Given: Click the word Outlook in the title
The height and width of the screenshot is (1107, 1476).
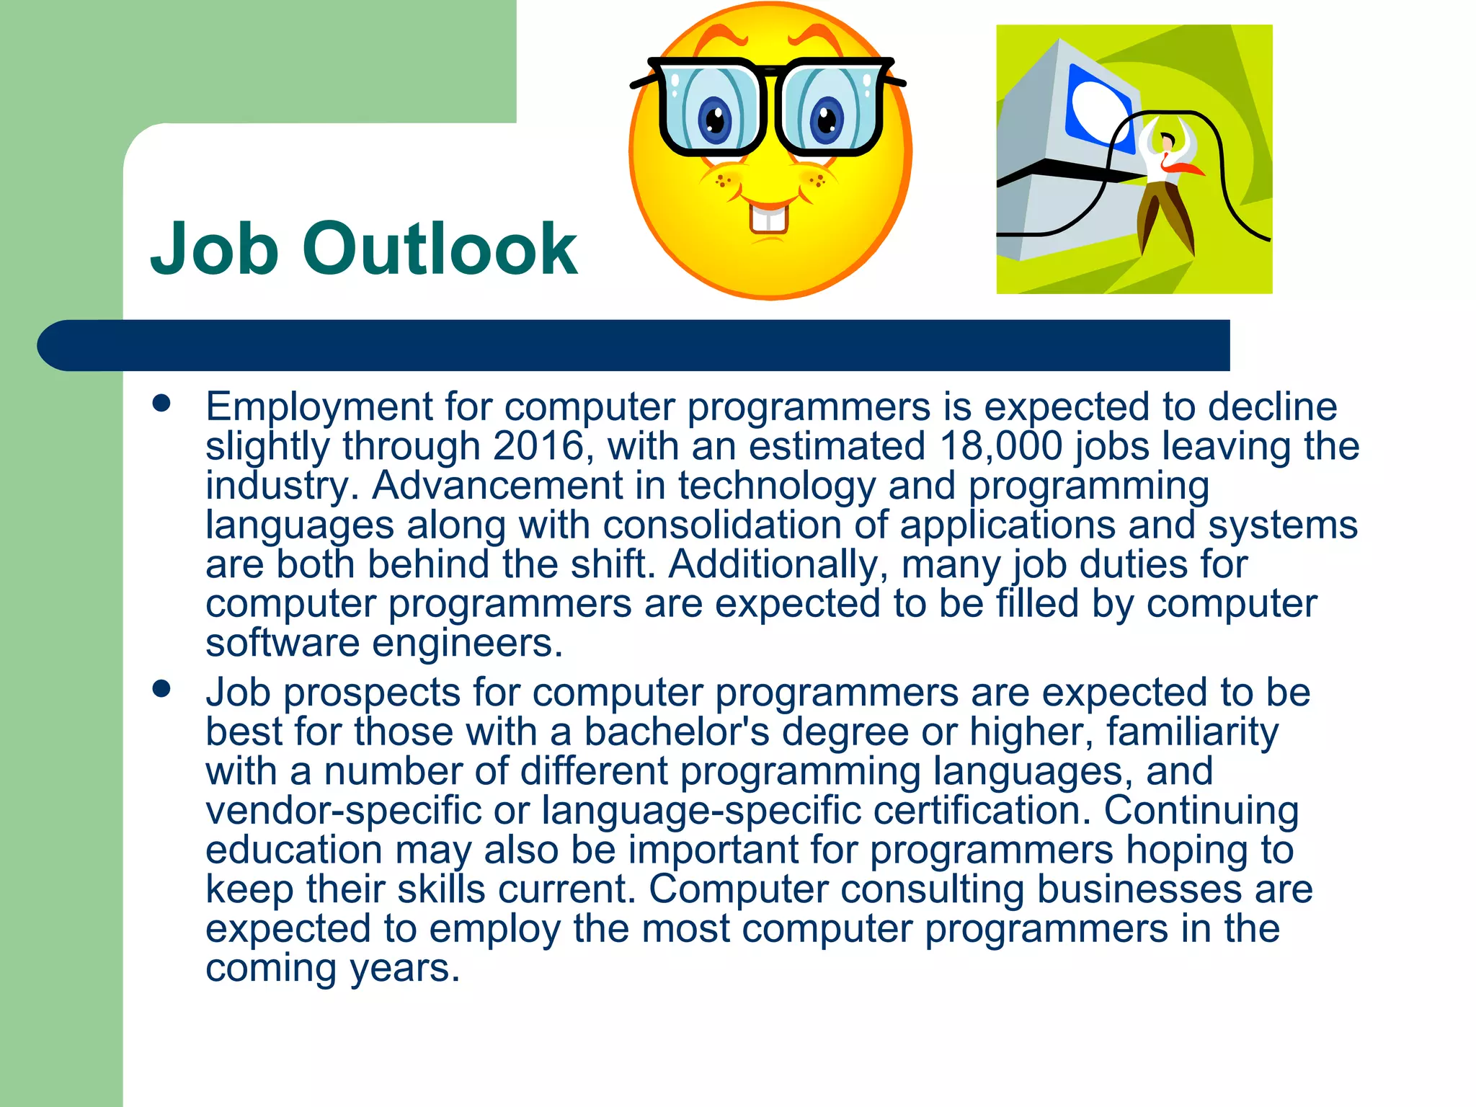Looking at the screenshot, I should point(443,249).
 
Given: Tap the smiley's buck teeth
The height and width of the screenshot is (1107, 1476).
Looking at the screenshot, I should point(769,219).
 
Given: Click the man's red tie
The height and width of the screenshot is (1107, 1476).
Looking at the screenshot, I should point(1182,167).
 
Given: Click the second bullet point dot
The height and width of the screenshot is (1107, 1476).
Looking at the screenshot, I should point(161,689).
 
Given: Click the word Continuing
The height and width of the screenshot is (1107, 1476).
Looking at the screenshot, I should point(1201,811).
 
